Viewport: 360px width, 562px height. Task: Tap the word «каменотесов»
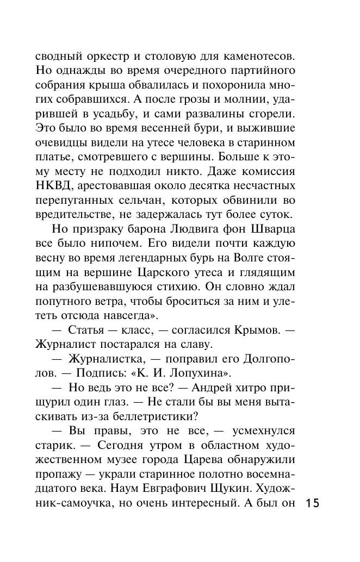coord(256,55)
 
